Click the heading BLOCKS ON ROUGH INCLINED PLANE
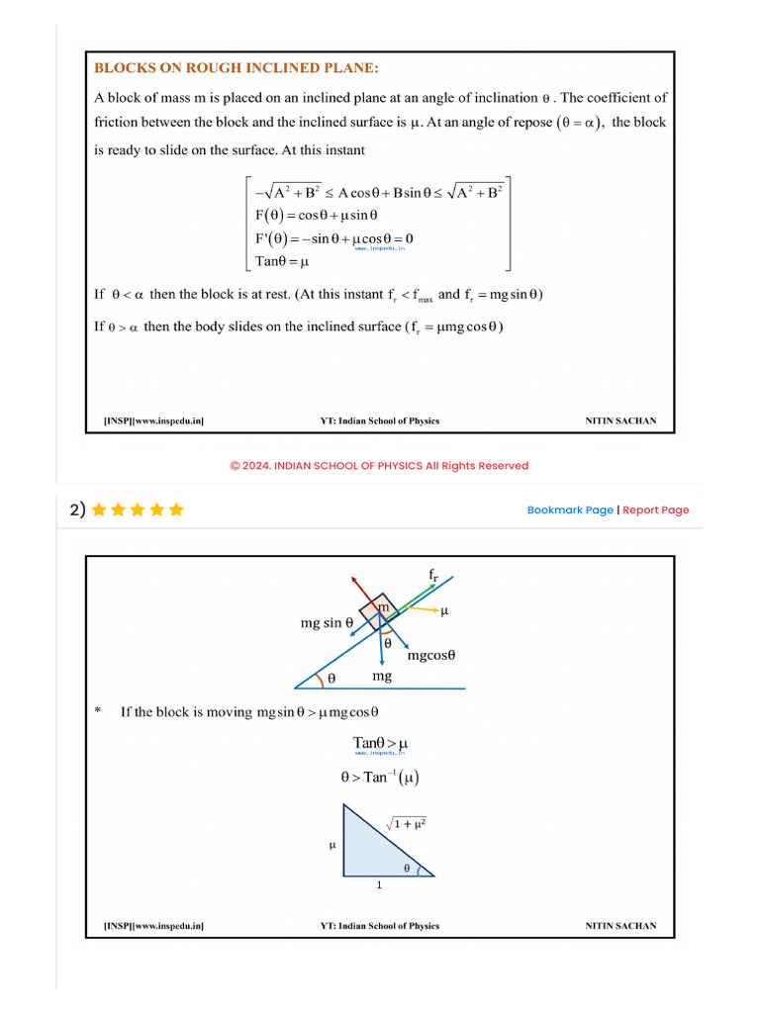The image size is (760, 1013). [x=237, y=68]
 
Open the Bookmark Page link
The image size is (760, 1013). [x=570, y=510]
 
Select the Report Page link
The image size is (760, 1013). [x=656, y=510]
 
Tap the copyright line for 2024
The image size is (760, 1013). [x=379, y=466]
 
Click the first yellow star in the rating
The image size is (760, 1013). [x=99, y=510]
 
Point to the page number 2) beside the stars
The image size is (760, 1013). [x=77, y=510]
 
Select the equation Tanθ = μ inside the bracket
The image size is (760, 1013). [x=282, y=262]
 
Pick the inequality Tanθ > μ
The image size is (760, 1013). [x=380, y=743]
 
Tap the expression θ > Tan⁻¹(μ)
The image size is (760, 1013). [x=380, y=778]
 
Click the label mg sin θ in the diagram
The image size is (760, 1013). [x=328, y=623]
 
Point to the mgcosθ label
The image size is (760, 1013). [x=430, y=655]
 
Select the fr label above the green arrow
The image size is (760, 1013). [x=433, y=575]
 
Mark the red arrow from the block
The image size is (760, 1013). [x=362, y=588]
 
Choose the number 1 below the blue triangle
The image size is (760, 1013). [x=379, y=885]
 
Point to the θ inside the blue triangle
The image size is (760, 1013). [x=406, y=868]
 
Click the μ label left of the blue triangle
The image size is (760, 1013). [x=332, y=845]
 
